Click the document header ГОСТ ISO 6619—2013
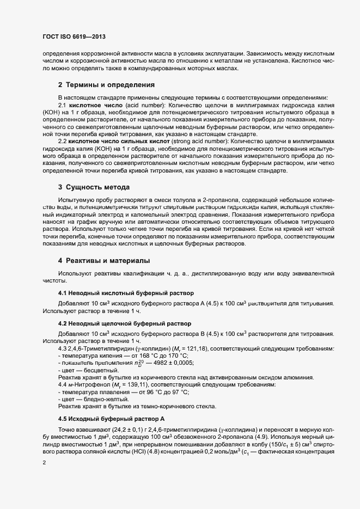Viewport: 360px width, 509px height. click(x=74, y=36)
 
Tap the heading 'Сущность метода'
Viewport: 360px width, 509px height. click(x=97, y=187)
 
